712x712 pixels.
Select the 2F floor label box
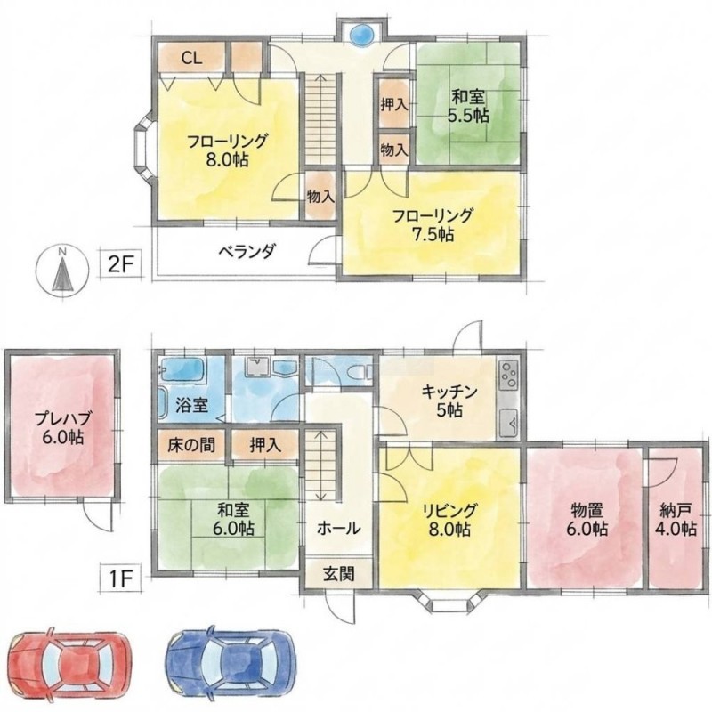[x=121, y=263]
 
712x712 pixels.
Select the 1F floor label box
[x=121, y=578]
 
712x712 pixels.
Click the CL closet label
[x=192, y=58]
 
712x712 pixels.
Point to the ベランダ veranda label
[x=247, y=251]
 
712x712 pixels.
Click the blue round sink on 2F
[x=363, y=35]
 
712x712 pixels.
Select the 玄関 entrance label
[x=339, y=574]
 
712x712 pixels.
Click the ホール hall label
[x=339, y=528]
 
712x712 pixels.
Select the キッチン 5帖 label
[x=449, y=401]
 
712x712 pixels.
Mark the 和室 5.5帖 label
[x=468, y=106]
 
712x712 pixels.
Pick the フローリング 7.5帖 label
[x=433, y=225]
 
